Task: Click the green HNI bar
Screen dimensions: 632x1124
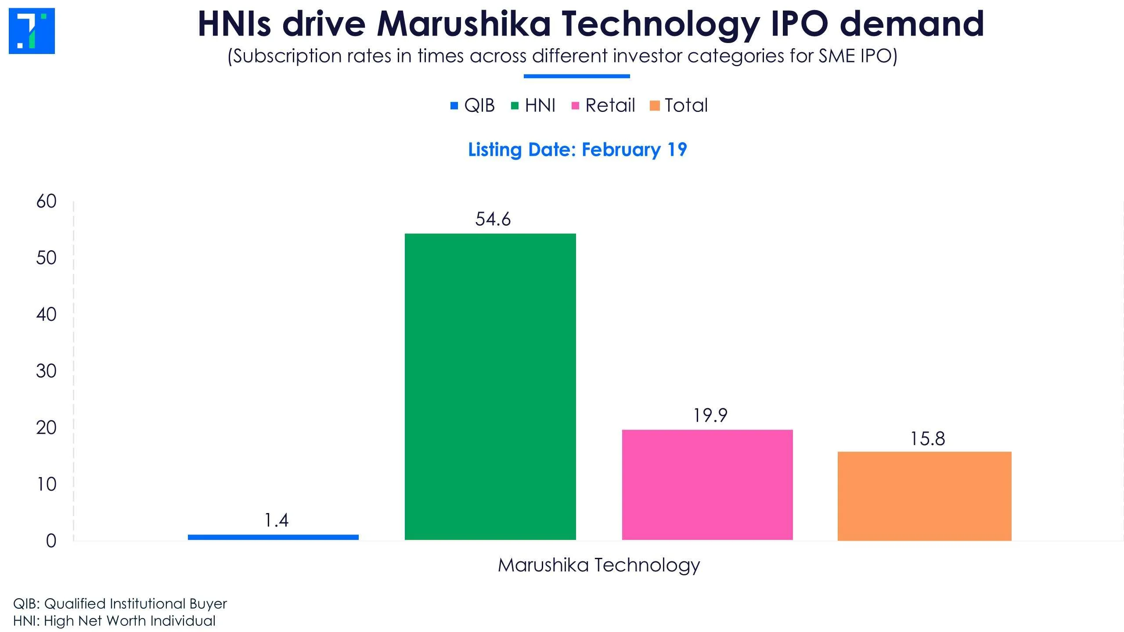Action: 490,386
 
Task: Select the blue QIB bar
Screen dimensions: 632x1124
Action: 273,537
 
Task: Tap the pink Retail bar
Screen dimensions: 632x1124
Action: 707,485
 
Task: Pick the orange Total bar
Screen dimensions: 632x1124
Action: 924,496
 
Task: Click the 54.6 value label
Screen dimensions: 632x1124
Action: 493,219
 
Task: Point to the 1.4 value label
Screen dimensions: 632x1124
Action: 276,520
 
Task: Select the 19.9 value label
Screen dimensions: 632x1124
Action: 710,415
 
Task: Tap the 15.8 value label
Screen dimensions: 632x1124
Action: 927,438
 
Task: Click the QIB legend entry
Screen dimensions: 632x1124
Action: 473,105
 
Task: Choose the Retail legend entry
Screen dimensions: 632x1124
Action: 604,105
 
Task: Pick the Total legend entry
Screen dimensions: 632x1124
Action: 679,105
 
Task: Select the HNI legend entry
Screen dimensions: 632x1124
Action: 534,105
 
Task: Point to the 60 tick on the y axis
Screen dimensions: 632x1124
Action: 46,201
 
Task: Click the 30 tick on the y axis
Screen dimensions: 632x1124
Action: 46,371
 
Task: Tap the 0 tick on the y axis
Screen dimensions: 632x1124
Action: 51,541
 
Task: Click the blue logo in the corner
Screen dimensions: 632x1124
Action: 32,31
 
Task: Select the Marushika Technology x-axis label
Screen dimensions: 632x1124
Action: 598,565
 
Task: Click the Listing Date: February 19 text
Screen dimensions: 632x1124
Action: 577,150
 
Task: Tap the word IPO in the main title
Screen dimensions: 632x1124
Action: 800,24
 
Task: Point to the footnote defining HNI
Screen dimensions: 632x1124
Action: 114,621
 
